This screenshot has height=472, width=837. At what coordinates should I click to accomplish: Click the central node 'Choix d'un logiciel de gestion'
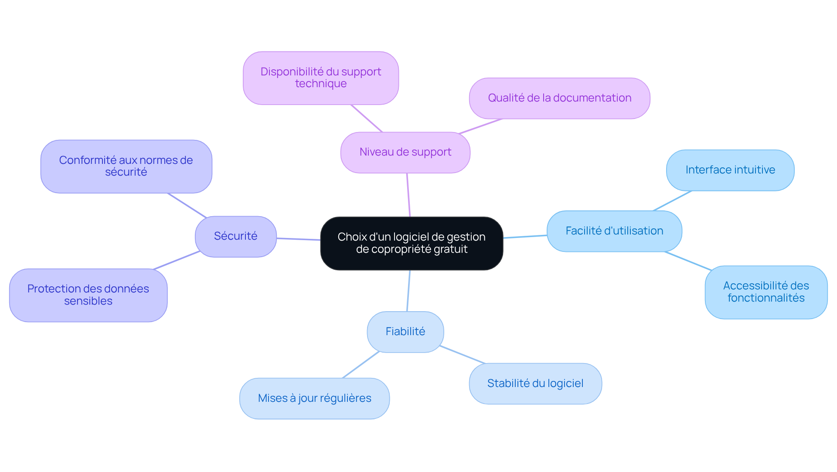tap(412, 243)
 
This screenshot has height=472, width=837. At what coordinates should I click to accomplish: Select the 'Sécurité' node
tap(235, 236)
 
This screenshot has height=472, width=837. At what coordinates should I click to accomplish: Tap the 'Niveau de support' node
tap(405, 152)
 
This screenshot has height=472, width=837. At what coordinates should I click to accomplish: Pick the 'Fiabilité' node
tap(405, 332)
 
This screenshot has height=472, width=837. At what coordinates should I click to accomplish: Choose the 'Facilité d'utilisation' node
tap(614, 231)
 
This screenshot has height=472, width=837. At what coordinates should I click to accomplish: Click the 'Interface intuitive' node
tap(730, 170)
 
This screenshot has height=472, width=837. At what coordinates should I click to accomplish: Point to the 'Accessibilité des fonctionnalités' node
tap(766, 292)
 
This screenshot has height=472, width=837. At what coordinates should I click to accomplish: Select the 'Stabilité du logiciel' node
tap(535, 384)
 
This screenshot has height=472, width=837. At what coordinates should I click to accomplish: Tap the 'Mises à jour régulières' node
tap(314, 398)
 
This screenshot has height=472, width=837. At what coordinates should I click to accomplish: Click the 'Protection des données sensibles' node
tap(88, 295)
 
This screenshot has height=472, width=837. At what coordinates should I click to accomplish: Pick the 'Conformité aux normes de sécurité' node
tap(126, 166)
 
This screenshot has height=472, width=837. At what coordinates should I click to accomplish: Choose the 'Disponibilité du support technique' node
tap(320, 78)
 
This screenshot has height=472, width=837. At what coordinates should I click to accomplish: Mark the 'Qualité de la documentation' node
tap(559, 98)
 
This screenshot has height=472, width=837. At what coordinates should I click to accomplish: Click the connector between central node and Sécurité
tap(299, 239)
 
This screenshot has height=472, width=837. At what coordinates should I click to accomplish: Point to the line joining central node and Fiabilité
tap(408, 291)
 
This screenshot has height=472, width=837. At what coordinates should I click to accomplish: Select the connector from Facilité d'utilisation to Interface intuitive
tap(672, 201)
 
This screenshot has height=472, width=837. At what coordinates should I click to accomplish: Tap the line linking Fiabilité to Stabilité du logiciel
tap(463, 355)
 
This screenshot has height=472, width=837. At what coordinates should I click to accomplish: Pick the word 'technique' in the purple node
tap(321, 84)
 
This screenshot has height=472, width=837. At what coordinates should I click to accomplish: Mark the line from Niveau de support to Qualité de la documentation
tap(480, 126)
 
